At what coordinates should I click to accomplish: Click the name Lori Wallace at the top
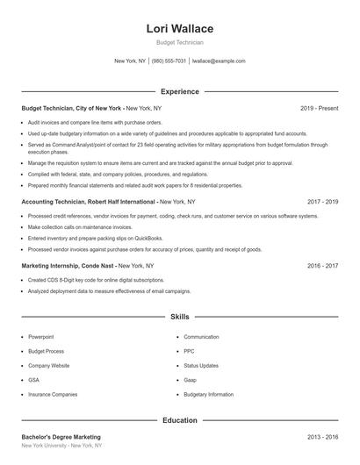[x=179, y=29]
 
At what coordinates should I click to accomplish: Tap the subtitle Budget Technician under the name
[x=179, y=43]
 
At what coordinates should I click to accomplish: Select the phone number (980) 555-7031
[x=169, y=61]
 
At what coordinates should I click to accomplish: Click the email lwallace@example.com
[x=219, y=61]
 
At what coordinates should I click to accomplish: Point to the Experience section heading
[x=179, y=91]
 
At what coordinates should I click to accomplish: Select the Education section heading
[x=179, y=420]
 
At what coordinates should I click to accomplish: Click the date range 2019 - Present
[x=319, y=108]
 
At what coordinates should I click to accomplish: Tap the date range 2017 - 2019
[x=322, y=202]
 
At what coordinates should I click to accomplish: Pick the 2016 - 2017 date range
[x=322, y=265]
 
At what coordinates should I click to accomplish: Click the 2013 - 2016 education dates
[x=322, y=437]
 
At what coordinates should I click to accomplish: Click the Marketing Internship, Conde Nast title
[x=68, y=265]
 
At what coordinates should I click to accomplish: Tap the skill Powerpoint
[x=41, y=337]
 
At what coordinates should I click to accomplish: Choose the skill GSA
[x=33, y=380]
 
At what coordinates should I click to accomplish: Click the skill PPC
[x=189, y=351]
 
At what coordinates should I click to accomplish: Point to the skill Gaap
[x=191, y=380]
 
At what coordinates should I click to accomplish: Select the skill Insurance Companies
[x=53, y=395]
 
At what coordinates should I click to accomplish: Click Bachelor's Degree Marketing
[x=61, y=437]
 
